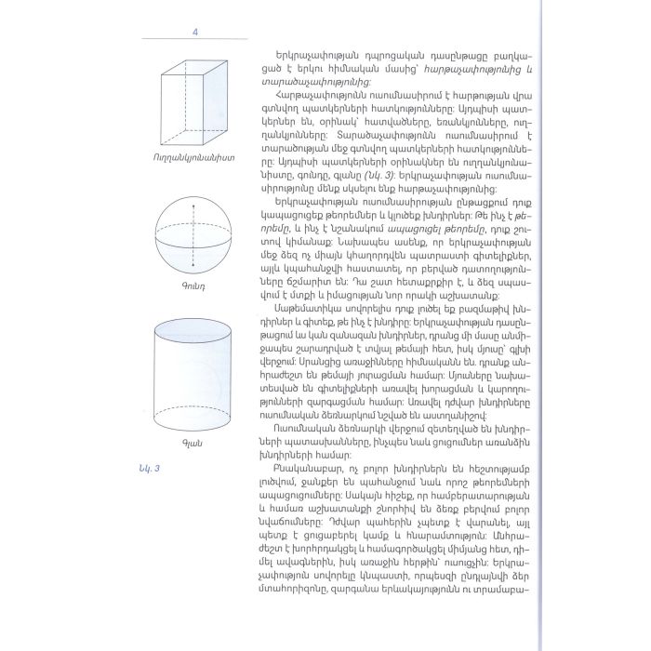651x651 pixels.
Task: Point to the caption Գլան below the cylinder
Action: point(193,443)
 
